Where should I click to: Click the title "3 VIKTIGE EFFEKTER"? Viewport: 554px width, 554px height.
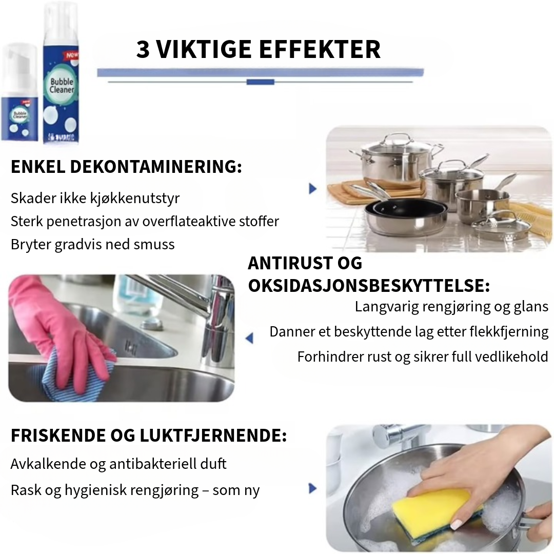click(258, 50)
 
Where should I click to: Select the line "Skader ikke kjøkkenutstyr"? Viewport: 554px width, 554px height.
click(95, 198)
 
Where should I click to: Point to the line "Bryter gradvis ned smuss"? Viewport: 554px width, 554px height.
click(92, 244)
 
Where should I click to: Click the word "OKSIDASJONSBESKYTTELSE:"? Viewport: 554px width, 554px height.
click(369, 286)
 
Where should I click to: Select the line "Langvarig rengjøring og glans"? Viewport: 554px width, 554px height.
click(451, 307)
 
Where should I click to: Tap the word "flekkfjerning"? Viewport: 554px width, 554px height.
click(509, 331)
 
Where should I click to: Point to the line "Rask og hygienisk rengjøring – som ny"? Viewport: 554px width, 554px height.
click(135, 490)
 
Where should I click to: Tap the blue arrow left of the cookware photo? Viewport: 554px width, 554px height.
click(312, 188)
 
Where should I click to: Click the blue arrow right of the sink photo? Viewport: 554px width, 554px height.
click(249, 338)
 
